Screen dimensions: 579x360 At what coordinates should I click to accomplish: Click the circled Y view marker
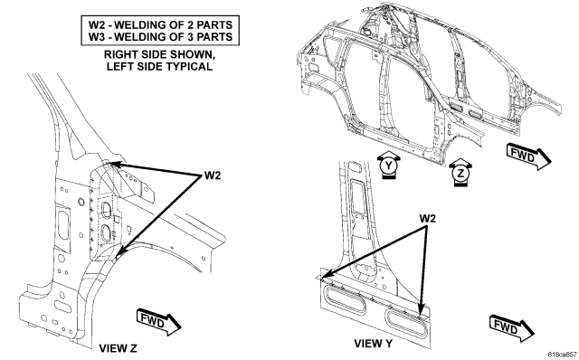point(388,166)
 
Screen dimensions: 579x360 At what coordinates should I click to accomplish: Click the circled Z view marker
point(460,173)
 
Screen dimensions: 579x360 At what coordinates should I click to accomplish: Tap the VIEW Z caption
point(118,348)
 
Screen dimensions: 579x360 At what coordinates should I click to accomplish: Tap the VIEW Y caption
point(373,344)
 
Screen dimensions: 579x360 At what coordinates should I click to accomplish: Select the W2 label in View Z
point(213,175)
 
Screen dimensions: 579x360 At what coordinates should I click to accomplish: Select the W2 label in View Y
point(427,219)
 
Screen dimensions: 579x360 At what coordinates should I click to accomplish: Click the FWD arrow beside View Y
point(512,327)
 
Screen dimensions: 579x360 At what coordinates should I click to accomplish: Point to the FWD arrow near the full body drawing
point(528,156)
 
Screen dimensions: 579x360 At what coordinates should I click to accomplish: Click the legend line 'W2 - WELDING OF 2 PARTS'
point(160,24)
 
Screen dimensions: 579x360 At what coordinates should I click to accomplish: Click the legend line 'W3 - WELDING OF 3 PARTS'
point(160,37)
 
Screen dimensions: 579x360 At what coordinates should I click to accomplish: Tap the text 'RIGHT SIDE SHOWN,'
point(159,54)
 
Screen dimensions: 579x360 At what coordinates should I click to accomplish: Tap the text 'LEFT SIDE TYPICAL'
point(159,66)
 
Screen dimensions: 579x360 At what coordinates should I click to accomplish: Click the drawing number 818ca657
point(562,354)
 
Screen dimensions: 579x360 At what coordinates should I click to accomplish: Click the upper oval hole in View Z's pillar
point(107,210)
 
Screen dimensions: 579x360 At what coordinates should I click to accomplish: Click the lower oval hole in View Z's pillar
point(105,233)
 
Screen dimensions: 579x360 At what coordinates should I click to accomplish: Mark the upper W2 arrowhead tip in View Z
point(110,163)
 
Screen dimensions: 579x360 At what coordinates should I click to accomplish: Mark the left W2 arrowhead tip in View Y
point(321,278)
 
